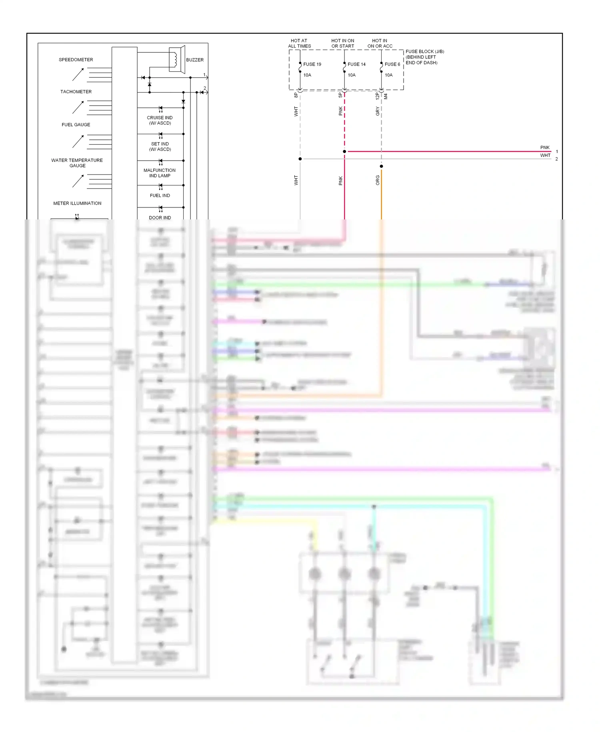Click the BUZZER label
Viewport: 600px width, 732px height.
[195, 60]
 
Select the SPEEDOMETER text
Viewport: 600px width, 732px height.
[76, 60]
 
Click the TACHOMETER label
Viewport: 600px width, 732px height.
[76, 92]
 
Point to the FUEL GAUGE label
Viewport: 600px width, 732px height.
[76, 125]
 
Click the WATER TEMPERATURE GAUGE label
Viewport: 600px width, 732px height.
[77, 163]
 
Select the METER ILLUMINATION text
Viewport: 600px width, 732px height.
[77, 203]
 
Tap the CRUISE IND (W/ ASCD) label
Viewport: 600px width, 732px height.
[160, 120]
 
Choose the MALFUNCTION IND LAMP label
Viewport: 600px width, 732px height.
[160, 173]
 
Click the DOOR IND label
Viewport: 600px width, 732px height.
[160, 218]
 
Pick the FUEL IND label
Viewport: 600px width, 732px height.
[160, 195]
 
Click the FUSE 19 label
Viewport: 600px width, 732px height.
[312, 64]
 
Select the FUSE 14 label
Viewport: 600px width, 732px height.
[356, 64]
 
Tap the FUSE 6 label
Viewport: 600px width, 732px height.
[392, 64]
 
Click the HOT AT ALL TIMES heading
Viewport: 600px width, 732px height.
[299, 43]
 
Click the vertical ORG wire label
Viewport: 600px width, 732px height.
[378, 180]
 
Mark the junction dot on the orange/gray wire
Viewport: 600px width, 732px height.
[381, 166]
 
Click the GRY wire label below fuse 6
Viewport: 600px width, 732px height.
[378, 111]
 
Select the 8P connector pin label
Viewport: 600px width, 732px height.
[296, 95]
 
